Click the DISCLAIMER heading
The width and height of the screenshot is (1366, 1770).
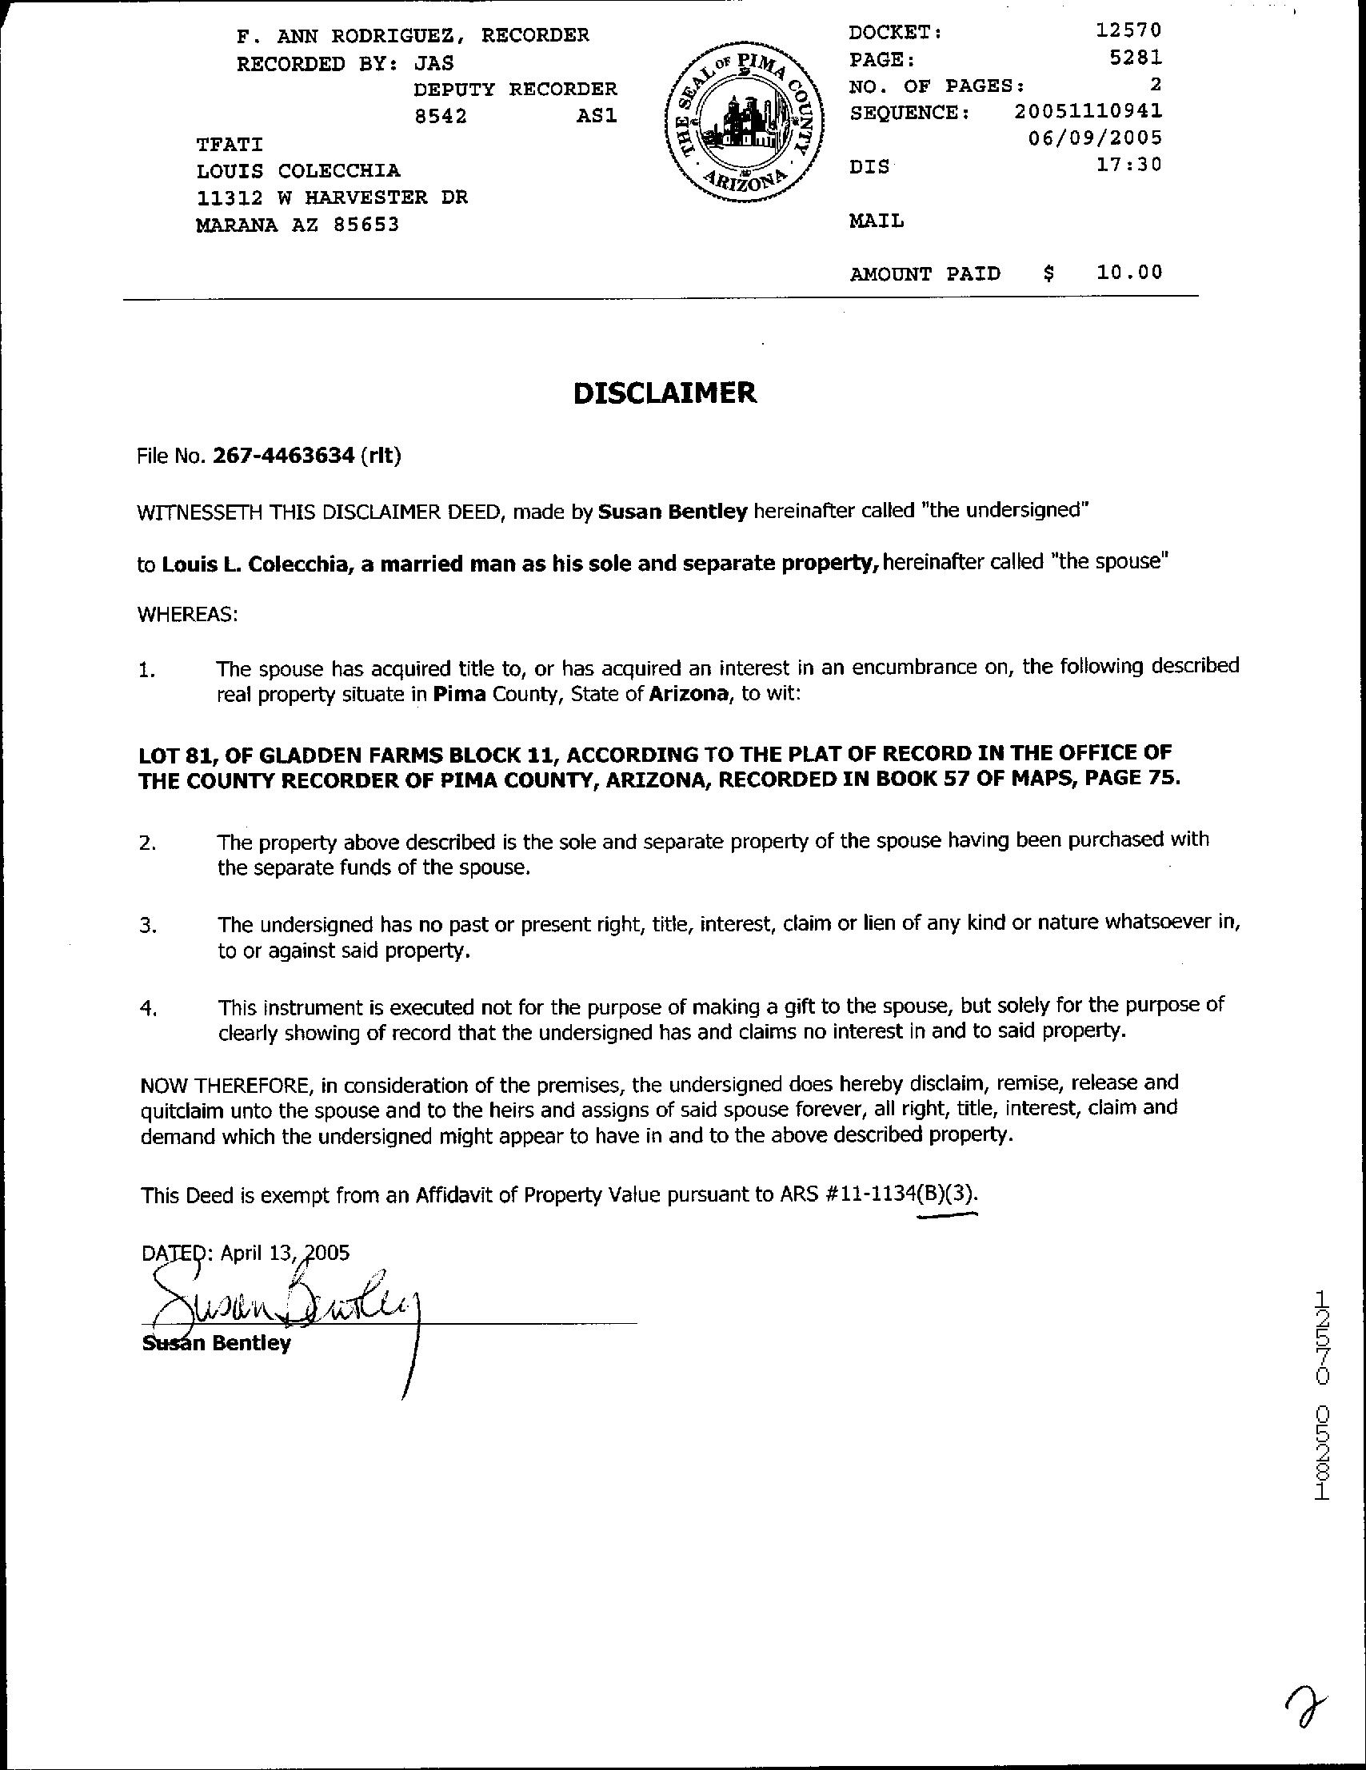[665, 393]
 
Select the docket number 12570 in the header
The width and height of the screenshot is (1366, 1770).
[1128, 31]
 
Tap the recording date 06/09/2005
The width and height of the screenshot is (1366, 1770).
[1094, 138]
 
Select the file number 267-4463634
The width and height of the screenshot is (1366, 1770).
[284, 456]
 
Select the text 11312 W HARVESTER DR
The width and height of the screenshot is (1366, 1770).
[332, 197]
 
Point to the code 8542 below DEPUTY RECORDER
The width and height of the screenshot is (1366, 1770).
[440, 116]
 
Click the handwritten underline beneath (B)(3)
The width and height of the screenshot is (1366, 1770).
[949, 1215]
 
